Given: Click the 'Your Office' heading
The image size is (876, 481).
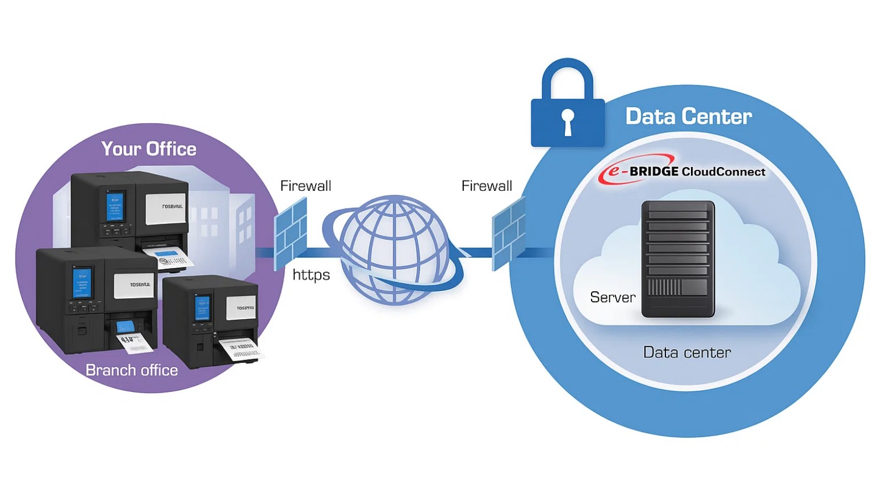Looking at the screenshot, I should click(149, 149).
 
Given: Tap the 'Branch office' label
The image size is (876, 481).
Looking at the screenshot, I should click(132, 370).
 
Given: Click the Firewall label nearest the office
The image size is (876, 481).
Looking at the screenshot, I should click(305, 186).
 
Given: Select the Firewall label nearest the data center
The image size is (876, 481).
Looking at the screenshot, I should click(487, 186).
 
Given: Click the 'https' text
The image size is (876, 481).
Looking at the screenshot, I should click(311, 275).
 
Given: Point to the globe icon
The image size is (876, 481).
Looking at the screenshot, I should click(393, 250).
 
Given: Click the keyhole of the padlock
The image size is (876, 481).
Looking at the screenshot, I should click(567, 121).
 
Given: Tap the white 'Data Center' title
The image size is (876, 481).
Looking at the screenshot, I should click(688, 116).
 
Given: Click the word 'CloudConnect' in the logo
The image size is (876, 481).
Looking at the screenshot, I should click(723, 172).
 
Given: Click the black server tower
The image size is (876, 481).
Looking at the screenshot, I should click(678, 258).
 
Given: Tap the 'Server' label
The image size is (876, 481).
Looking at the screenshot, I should click(613, 297).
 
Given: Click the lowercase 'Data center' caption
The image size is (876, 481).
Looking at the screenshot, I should click(686, 353).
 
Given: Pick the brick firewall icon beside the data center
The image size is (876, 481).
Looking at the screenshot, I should click(508, 233).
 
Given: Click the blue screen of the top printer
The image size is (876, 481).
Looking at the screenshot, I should click(115, 207).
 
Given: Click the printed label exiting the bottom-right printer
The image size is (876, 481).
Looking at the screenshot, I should click(241, 348).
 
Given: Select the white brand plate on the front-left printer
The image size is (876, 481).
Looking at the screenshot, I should click(133, 286).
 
